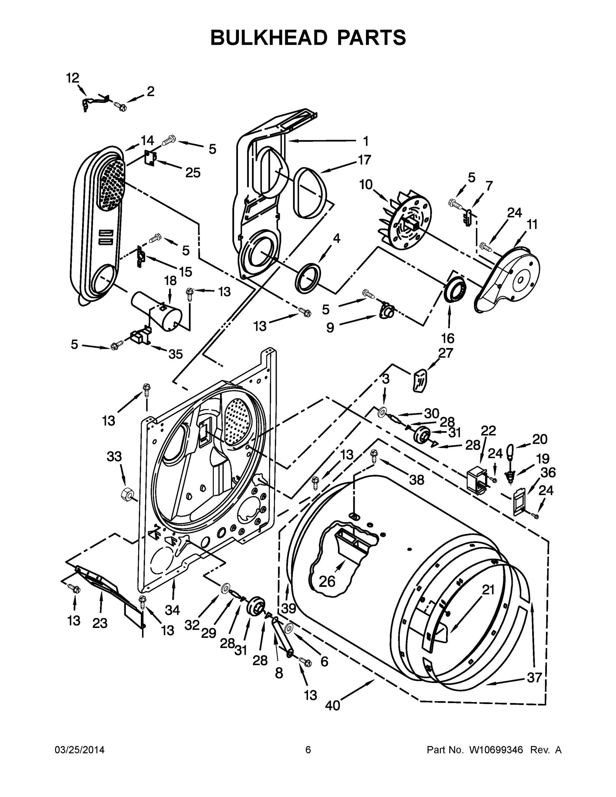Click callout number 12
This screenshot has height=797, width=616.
(73, 78)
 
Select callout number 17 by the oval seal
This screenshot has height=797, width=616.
(364, 160)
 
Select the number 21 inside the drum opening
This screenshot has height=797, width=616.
(488, 589)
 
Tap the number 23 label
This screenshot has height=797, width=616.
(100, 623)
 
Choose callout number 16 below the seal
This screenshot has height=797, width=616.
(447, 338)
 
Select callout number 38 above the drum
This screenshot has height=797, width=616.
(416, 480)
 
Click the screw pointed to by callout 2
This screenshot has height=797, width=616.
(121, 107)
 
